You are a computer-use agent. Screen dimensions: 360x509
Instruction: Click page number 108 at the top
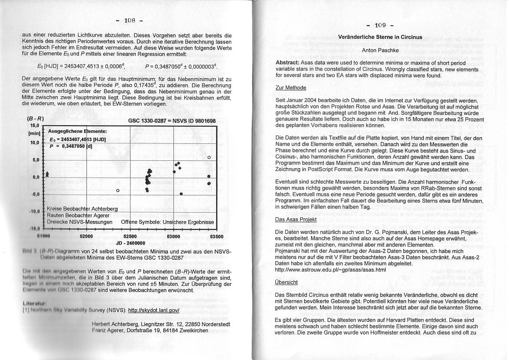coord(130,20)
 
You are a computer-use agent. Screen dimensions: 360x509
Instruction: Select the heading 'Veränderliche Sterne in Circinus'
coord(380,37)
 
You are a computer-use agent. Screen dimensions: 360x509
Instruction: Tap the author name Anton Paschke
coord(380,50)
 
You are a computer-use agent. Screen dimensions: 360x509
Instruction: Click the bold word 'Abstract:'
coord(290,63)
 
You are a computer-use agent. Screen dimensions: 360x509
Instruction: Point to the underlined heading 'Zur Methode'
coord(291,88)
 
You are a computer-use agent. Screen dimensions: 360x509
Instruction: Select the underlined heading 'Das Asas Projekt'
coord(296,219)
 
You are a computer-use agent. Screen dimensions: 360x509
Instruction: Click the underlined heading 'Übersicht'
coord(287,282)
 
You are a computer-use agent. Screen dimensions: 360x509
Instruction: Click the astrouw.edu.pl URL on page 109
coord(330,270)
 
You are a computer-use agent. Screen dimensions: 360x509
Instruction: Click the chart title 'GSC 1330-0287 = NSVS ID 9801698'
coord(172,121)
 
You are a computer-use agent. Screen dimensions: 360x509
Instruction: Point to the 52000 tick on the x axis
coord(87,236)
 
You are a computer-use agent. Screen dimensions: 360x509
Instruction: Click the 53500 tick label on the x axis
coord(216,236)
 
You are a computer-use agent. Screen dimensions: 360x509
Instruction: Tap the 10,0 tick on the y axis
coord(34,143)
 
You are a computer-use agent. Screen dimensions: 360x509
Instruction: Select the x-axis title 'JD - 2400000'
coord(130,243)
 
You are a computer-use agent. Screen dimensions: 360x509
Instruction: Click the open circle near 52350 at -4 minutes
coord(118,190)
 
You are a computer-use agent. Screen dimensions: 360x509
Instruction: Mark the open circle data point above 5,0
coord(209,157)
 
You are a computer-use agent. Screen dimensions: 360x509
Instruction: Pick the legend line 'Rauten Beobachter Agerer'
coord(78,215)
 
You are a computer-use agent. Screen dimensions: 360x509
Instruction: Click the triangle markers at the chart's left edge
coord(47,174)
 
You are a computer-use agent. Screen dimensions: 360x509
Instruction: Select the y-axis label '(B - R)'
coord(35,119)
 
